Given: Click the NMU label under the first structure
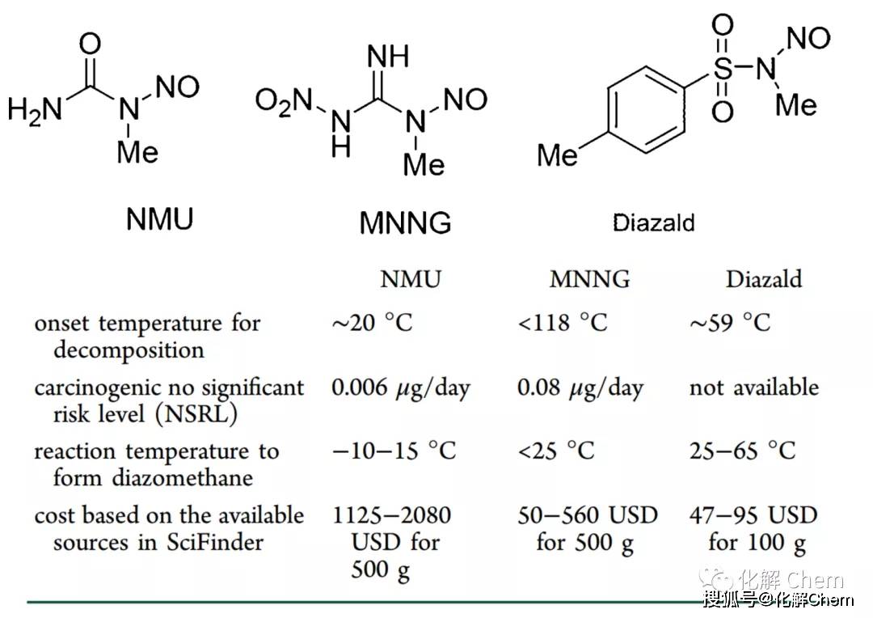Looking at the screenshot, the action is coord(160,218).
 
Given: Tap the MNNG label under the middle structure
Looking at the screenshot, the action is coord(405,223).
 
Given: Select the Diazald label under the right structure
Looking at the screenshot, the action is coord(654,223).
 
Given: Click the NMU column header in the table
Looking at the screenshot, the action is coord(411,279).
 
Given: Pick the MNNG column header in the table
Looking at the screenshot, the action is coord(589,279).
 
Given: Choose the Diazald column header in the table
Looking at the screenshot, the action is coord(764,279).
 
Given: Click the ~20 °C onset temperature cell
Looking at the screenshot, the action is coord(372,323).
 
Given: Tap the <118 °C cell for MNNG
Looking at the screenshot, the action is coord(563,323).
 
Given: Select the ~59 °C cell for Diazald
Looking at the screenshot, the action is coord(730,323).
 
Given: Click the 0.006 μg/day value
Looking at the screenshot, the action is coord(401,387).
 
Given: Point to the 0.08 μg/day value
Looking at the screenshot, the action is coord(580,387).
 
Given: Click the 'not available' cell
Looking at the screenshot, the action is coord(754,387).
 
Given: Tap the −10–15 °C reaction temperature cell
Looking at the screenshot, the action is coord(394,451).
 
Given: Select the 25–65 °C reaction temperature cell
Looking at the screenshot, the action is coord(742,451).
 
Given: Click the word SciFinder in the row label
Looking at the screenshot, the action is coord(214,542).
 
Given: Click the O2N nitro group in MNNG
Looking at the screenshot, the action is coord(283,102).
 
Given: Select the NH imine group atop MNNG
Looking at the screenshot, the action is coord(388,57).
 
